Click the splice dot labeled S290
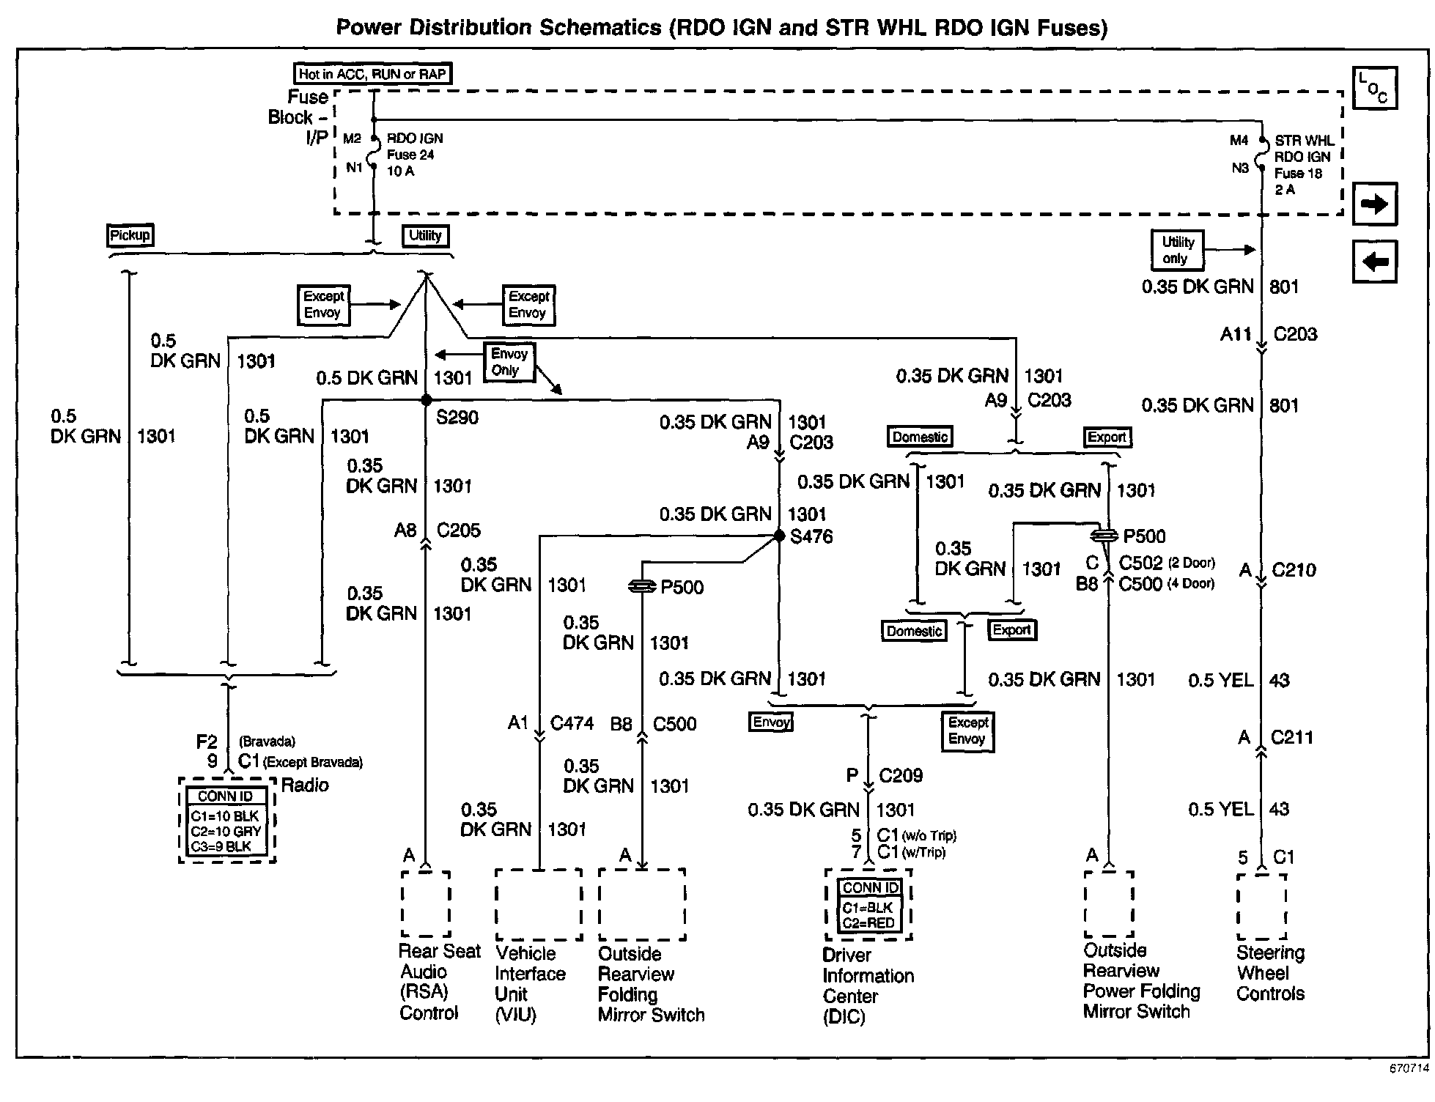click(426, 400)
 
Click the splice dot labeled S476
click(779, 536)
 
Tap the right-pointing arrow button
click(1374, 204)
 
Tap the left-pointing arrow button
click(1374, 261)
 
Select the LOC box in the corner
click(1374, 88)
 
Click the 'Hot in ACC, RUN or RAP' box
click(372, 74)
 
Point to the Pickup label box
click(130, 235)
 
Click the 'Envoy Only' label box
click(509, 362)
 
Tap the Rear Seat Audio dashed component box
click(425, 903)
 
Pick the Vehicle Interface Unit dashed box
click(539, 904)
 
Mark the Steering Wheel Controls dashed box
click(1261, 906)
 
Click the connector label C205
click(458, 530)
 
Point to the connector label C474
click(572, 723)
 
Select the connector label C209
click(901, 775)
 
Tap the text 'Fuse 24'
click(410, 155)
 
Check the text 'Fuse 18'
click(1298, 174)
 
